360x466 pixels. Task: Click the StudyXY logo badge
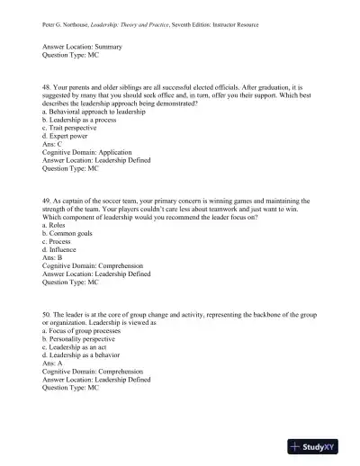tap(321, 445)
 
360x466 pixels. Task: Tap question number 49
tap(47, 202)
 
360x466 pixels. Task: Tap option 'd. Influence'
tap(62, 252)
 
